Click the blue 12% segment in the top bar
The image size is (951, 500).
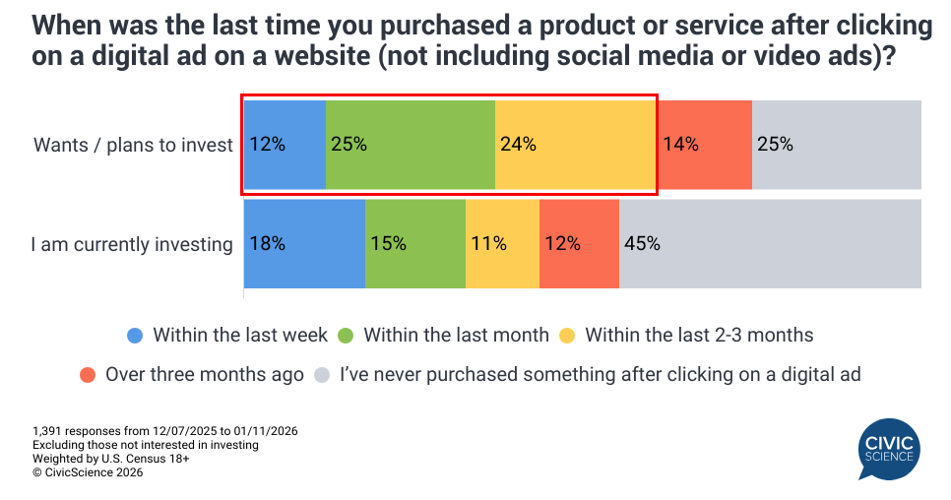[x=285, y=145]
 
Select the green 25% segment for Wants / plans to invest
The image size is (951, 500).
[x=411, y=145]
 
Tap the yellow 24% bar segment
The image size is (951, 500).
[x=575, y=145]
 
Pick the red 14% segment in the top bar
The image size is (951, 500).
[x=705, y=145]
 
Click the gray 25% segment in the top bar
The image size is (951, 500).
[x=837, y=145]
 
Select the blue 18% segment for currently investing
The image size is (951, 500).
[x=304, y=244]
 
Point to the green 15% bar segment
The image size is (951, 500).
[x=415, y=244]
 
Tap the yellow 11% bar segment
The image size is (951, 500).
[x=502, y=244]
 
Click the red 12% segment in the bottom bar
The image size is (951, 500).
[x=579, y=244]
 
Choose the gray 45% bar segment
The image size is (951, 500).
[x=770, y=244]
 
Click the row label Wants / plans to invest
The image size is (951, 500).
[x=134, y=145]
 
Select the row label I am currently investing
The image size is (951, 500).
[x=132, y=244]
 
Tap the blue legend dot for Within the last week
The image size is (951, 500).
[x=136, y=336]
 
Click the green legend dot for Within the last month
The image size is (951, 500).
[x=346, y=336]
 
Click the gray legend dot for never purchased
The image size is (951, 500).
[x=322, y=374]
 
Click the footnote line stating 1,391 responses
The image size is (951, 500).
[x=165, y=431]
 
